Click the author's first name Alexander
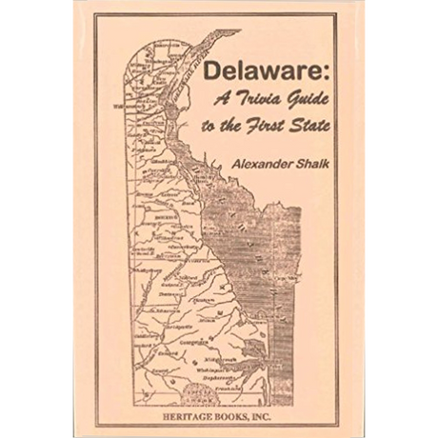pyautogui.click(x=249, y=163)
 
